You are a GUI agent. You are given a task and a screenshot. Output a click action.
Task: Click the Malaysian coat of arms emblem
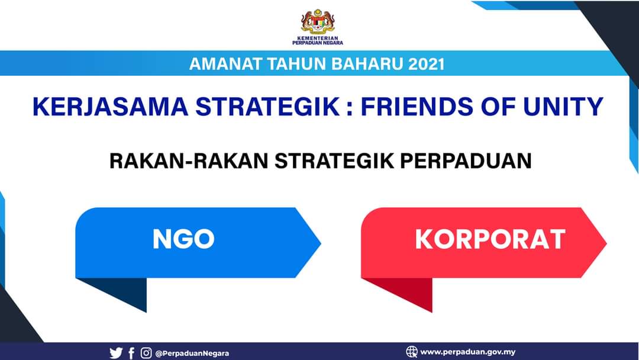[318, 21]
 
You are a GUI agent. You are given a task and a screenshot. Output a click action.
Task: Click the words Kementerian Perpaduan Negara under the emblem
[318, 40]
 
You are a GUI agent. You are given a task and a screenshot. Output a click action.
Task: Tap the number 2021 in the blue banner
[426, 64]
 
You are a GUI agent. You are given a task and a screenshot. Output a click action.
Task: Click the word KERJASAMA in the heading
[110, 107]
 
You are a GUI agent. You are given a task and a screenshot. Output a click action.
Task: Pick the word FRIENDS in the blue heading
[417, 107]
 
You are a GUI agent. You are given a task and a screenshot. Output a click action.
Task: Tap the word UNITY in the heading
[563, 107]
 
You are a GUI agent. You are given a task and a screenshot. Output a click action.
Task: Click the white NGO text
[183, 239]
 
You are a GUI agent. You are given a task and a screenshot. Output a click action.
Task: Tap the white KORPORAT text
[490, 239]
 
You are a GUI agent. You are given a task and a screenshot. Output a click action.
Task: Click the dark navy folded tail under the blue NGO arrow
[122, 291]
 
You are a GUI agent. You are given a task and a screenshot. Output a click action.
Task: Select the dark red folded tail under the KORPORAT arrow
[408, 291]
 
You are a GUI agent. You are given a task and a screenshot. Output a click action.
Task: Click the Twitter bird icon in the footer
[116, 353]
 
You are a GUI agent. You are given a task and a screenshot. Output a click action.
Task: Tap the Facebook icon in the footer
[131, 353]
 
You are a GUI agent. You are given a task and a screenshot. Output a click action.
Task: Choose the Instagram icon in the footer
[146, 353]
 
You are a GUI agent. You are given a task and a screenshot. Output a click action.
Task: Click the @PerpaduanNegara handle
[192, 353]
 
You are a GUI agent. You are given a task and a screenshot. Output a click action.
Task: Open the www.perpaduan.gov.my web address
[468, 352]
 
